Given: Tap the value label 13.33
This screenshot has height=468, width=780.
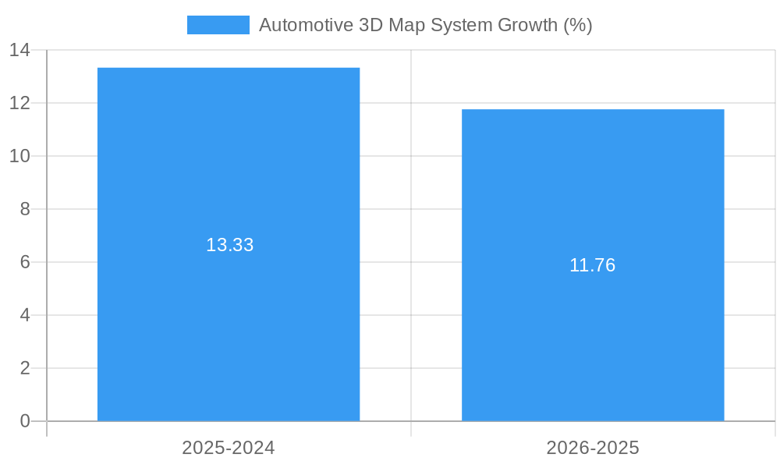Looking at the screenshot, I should [x=230, y=245].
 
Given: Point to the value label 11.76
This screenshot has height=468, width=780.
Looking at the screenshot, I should [x=593, y=265].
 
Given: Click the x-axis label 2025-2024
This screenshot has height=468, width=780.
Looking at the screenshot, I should [x=229, y=448].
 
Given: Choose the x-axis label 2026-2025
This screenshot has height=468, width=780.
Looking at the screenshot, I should [x=593, y=448].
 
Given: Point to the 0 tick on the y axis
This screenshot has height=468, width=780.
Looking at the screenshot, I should [x=24, y=421].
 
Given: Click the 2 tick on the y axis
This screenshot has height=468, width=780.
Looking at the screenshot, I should [x=24, y=368].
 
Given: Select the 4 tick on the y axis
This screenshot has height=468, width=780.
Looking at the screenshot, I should [x=24, y=315].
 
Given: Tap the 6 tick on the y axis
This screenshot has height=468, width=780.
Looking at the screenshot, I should [x=24, y=262].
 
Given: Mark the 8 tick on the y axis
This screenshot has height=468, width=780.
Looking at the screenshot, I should [x=24, y=209].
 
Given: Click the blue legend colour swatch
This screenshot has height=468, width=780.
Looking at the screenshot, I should [x=218, y=25].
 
